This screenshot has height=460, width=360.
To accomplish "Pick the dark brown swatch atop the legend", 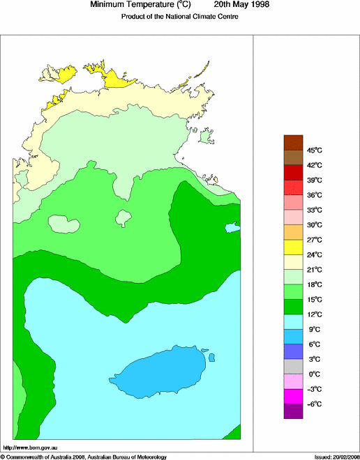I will [x=293, y=142].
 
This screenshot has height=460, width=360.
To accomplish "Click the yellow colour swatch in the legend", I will [x=293, y=247].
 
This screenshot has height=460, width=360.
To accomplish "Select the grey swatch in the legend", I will [x=293, y=367].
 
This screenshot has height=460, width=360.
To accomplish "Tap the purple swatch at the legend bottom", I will [x=293, y=411].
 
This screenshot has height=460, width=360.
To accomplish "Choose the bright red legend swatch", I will [x=293, y=187].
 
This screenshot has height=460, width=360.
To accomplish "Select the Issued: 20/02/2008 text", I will [x=336, y=457].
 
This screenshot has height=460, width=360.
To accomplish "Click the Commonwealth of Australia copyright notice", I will [x=84, y=457].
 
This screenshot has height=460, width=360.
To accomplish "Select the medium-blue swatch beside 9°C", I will [x=293, y=337].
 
